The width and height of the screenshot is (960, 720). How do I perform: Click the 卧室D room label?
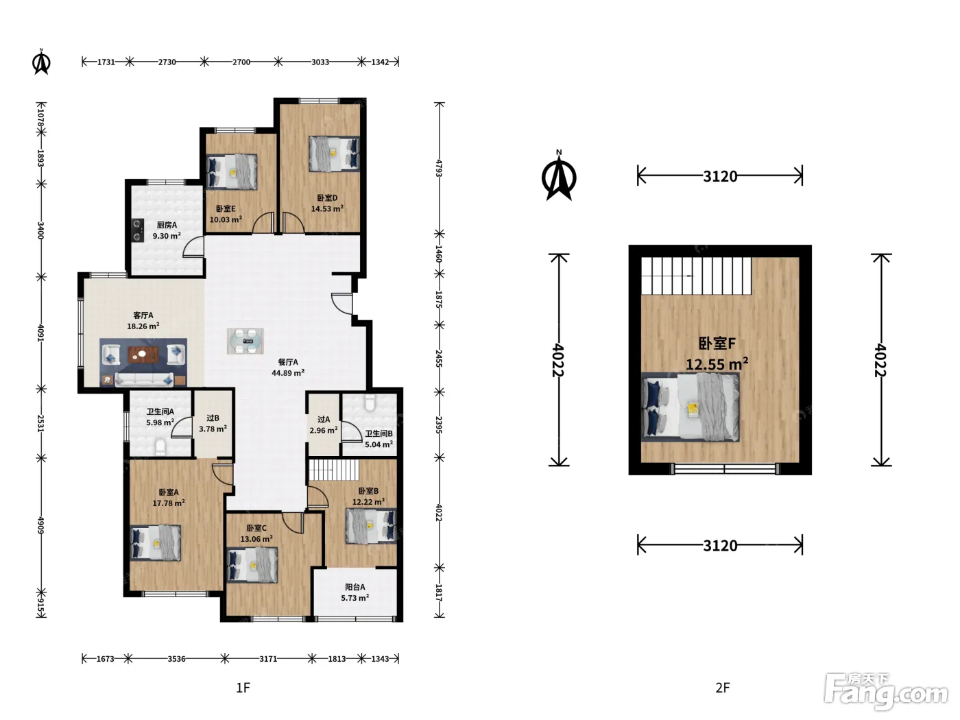click(x=326, y=198)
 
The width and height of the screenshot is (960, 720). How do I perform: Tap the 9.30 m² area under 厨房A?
click(x=167, y=236)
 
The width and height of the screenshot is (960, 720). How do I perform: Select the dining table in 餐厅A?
click(x=245, y=341)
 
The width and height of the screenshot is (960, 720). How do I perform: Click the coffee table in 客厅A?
click(x=143, y=355)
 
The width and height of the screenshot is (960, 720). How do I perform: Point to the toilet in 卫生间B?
click(x=370, y=403)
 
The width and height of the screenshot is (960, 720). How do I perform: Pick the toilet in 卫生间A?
click(x=160, y=448)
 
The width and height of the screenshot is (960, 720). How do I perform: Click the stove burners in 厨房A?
click(x=137, y=230)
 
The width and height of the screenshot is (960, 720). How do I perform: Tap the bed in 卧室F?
click(x=690, y=407)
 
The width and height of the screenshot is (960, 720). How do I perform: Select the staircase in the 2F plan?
click(x=696, y=276)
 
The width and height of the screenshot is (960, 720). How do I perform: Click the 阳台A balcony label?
click(x=355, y=587)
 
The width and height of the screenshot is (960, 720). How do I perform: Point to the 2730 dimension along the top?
click(x=167, y=62)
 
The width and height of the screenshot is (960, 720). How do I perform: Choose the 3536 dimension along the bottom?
click(x=176, y=658)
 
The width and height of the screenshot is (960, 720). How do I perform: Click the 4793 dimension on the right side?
click(x=439, y=168)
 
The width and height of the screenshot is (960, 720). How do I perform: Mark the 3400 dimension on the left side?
click(x=40, y=230)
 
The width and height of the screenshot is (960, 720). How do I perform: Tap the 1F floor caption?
click(x=243, y=688)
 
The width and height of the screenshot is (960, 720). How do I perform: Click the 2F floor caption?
click(x=723, y=688)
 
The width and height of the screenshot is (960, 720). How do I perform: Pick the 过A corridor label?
click(x=324, y=419)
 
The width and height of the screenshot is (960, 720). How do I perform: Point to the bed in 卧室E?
click(x=232, y=172)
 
